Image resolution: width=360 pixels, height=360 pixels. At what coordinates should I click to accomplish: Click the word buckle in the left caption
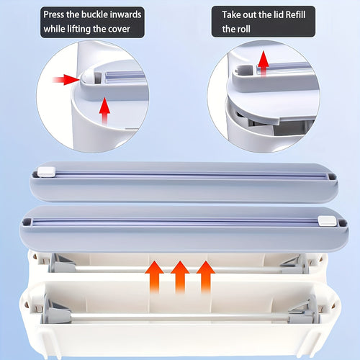(94, 14)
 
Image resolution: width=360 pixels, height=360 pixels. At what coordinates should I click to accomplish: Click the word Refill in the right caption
(295, 14)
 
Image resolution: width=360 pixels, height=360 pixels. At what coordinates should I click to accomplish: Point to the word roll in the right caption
(243, 29)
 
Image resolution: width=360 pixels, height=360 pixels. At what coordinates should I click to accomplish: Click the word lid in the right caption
(278, 14)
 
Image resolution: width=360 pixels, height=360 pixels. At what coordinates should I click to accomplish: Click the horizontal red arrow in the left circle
(66, 80)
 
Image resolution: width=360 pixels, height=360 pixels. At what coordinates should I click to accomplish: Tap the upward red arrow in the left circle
(104, 111)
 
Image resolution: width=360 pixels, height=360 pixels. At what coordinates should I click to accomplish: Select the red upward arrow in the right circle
(264, 63)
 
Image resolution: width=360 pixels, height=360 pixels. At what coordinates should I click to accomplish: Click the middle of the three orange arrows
(180, 277)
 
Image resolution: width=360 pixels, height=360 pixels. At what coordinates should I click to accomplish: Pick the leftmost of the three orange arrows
(154, 277)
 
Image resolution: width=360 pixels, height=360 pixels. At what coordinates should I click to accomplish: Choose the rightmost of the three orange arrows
(206, 277)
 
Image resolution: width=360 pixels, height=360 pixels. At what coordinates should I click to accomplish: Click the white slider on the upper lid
(47, 172)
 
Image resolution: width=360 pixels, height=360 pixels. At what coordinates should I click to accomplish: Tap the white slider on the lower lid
(327, 221)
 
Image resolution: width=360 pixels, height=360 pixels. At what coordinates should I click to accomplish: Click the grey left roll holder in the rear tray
(62, 264)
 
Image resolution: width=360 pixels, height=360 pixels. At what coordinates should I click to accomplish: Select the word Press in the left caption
(54, 14)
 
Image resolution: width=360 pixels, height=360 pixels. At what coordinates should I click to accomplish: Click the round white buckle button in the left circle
(85, 76)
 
